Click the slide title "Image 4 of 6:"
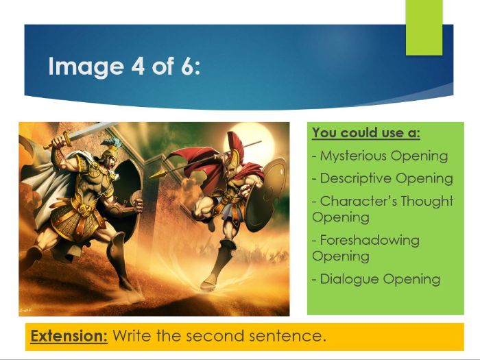point(124,68)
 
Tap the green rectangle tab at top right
point(424,27)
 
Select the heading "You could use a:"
point(366,132)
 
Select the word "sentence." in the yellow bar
point(290,337)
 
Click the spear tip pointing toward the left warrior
point(155,175)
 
